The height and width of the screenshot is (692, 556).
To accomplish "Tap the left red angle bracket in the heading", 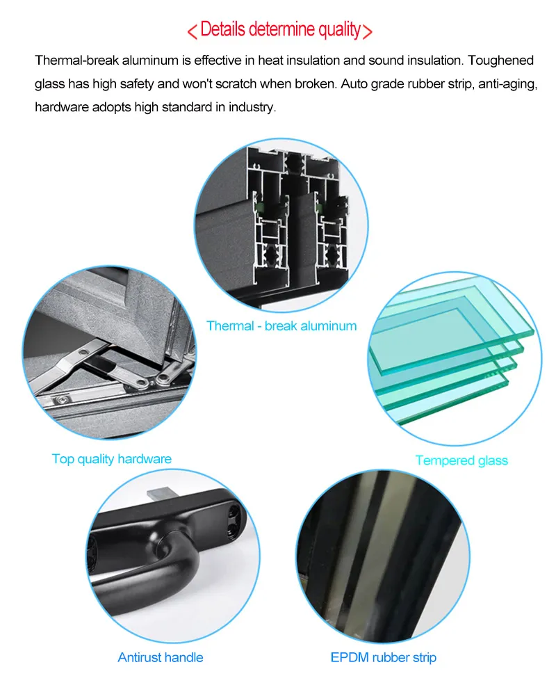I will click(x=192, y=31).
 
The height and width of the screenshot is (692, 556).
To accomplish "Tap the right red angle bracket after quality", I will click(x=368, y=31).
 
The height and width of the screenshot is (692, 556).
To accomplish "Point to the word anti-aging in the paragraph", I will click(x=496, y=84).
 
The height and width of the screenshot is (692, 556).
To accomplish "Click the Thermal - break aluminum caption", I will click(x=281, y=325).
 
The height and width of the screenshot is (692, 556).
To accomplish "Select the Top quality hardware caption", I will click(x=111, y=459).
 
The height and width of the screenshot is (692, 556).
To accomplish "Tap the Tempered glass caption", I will click(x=461, y=460).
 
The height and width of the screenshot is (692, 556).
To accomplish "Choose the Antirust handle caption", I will click(x=161, y=657).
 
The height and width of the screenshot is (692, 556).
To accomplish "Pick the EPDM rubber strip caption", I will click(x=384, y=657).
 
